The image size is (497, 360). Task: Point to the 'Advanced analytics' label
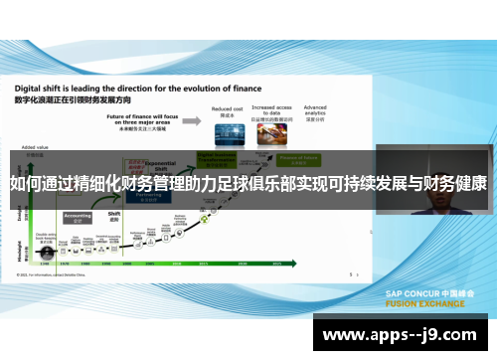pyautogui.click(x=316, y=109)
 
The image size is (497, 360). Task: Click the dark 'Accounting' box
pyautogui.click(x=78, y=216)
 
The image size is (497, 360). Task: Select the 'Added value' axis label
pyautogui.click(x=34, y=147)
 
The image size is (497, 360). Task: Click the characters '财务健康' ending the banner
pyautogui.click(x=452, y=184)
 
